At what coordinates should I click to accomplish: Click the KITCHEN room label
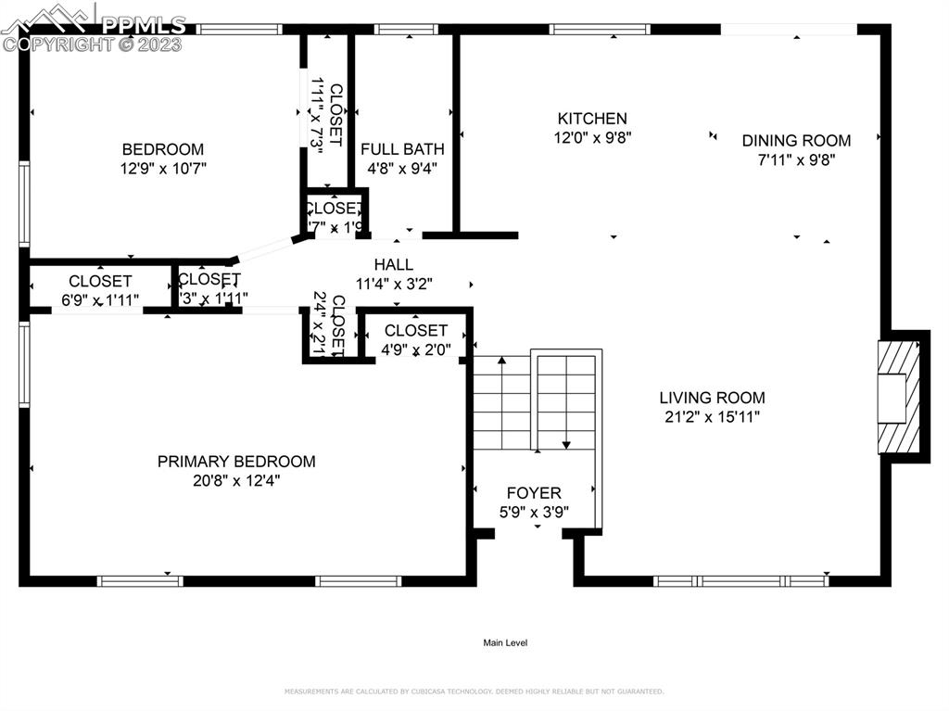point(591,119)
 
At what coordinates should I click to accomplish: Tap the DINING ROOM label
point(796,141)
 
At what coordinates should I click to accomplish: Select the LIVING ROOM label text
point(712,398)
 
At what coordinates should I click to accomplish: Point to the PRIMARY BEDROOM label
point(235,462)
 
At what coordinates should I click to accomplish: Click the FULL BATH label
point(402,149)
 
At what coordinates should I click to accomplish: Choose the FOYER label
point(534,493)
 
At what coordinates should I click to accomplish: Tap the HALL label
point(394,265)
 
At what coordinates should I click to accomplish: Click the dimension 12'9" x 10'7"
point(163,169)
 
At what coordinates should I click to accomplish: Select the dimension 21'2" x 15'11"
point(712,417)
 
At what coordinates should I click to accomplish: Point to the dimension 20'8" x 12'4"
point(235,481)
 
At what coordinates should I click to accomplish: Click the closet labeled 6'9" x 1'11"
point(100,289)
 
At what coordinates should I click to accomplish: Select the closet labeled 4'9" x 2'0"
point(415,339)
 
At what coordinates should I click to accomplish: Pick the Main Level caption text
point(505,643)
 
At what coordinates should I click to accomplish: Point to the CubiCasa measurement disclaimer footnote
point(474,692)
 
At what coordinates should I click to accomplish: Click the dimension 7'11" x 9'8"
point(796,159)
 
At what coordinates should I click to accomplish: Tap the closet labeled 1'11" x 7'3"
point(326,116)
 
